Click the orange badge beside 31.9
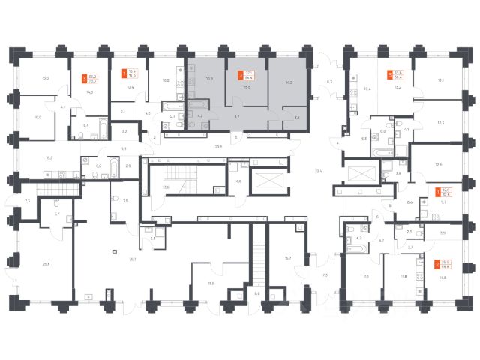click(x=124, y=74)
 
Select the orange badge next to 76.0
click(x=82, y=76)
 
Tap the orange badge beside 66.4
click(x=390, y=74)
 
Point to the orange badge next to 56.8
click(x=436, y=264)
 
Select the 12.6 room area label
click(x=439, y=165)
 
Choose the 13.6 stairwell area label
click(x=166, y=187)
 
